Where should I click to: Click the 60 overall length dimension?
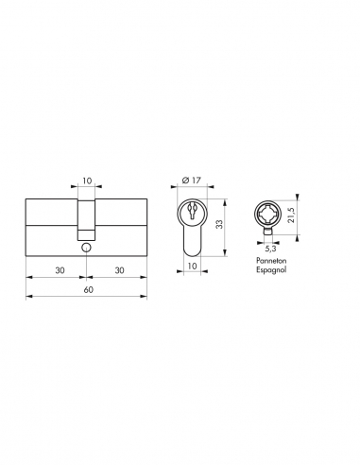(x=86, y=289)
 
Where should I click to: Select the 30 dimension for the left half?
(x=58, y=269)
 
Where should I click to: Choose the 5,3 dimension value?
(x=271, y=275)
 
